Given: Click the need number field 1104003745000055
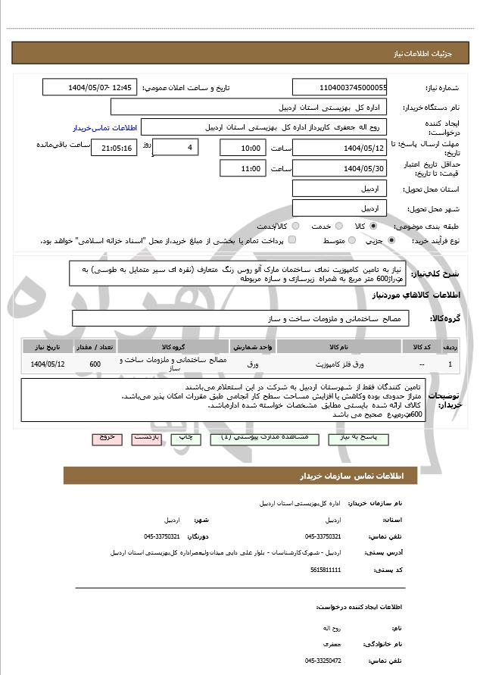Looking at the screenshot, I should (x=340, y=88).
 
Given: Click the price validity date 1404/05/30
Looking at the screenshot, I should (x=340, y=169).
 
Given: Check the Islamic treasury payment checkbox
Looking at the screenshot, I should (x=291, y=240).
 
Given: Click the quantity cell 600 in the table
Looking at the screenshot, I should (x=95, y=365).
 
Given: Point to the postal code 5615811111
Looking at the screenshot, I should (x=326, y=569).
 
